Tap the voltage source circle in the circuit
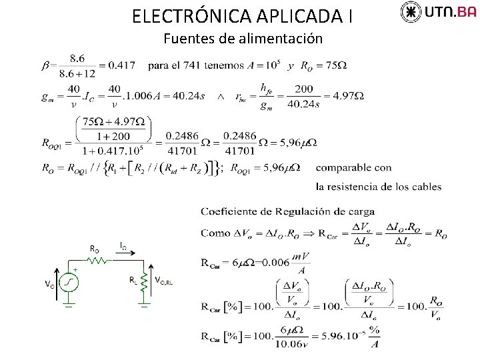69,283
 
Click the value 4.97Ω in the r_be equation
349,96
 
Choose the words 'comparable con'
353,168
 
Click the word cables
426,187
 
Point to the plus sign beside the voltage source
75,270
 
